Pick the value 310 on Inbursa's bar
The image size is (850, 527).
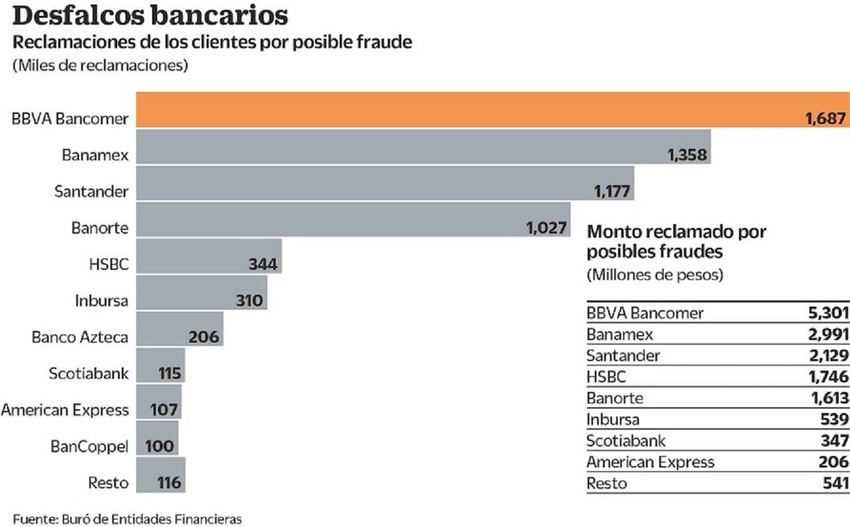(251, 301)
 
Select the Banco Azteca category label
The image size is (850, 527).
(80, 337)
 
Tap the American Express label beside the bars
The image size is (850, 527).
(65, 410)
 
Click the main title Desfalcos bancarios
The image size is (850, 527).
(150, 17)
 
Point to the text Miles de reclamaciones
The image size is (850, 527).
(99, 66)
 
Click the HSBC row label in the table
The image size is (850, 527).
(607, 377)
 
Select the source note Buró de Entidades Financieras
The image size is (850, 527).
(127, 519)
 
